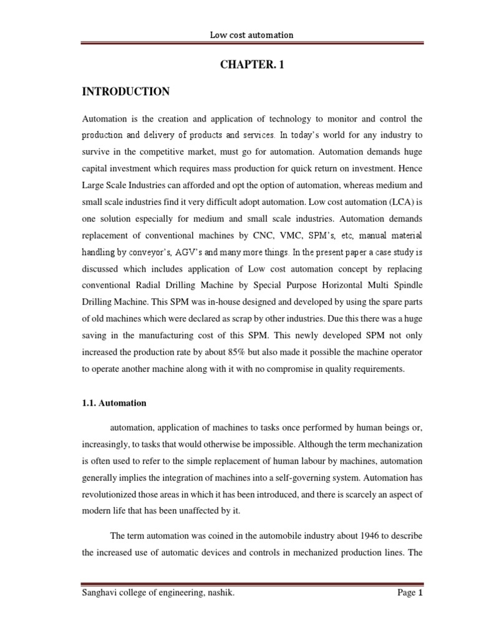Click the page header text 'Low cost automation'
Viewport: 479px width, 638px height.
pyautogui.click(x=251, y=35)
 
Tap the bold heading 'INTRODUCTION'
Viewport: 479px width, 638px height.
pyautogui.click(x=125, y=92)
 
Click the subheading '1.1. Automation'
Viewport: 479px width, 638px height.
pyautogui.click(x=114, y=403)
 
